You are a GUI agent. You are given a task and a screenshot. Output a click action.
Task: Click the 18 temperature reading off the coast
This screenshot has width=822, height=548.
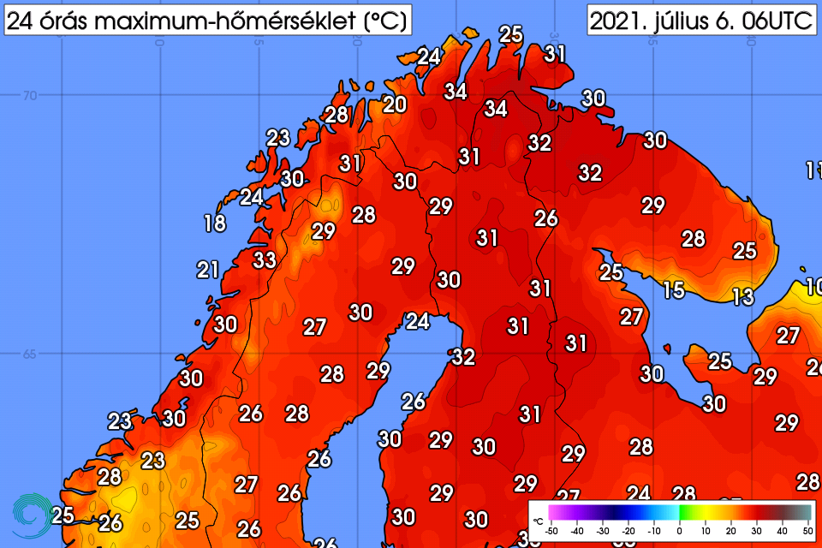[x=214, y=224]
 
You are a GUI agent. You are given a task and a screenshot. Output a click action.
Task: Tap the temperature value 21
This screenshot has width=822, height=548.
[x=208, y=271]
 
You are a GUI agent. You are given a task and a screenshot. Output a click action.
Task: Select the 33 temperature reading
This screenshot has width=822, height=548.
[x=265, y=259]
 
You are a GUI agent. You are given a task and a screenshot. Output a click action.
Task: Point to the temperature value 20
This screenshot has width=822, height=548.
[x=395, y=104]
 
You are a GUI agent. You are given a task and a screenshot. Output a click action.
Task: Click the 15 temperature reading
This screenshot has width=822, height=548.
[x=674, y=290]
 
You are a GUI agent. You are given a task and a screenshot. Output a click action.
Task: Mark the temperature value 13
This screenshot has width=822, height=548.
[x=742, y=297]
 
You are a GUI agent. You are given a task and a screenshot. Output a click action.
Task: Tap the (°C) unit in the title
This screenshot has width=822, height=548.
[x=383, y=21]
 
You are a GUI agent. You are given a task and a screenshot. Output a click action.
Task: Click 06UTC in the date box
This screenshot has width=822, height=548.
[x=777, y=21]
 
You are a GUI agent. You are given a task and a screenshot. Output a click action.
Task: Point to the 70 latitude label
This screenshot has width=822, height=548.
[x=30, y=96]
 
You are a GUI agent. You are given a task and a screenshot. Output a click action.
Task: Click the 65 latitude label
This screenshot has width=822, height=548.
[x=30, y=354]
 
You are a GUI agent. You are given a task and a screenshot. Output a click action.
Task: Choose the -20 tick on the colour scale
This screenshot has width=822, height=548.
[x=628, y=532]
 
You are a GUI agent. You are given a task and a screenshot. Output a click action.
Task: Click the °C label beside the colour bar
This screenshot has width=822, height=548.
[x=538, y=521]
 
